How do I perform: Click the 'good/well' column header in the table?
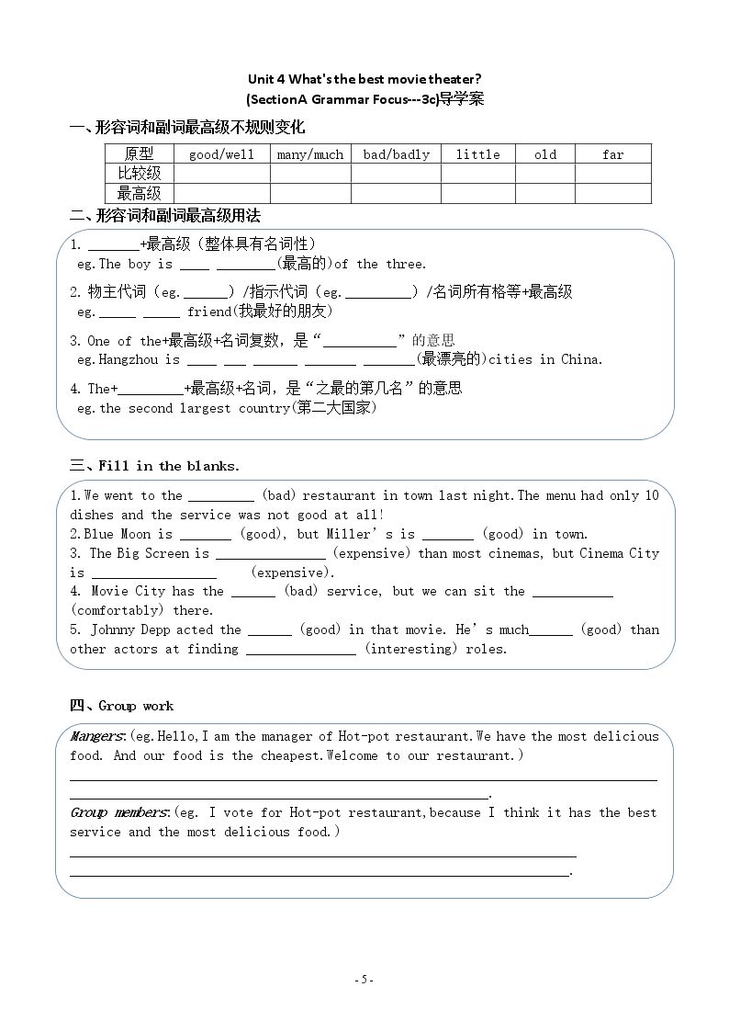coord(221,154)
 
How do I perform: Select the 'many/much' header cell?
coord(309,154)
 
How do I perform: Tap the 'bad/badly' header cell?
coord(396,154)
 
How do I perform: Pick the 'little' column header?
coord(477,154)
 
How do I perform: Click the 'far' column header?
coord(612,154)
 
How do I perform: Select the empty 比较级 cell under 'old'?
coord(544,174)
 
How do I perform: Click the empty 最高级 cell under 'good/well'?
coord(221,193)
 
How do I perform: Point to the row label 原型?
coord(139,154)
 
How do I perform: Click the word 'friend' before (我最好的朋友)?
coord(209,312)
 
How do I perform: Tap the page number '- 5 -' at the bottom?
coord(364,980)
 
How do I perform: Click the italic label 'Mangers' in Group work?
coord(96,736)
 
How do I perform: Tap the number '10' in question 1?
coord(651,495)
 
